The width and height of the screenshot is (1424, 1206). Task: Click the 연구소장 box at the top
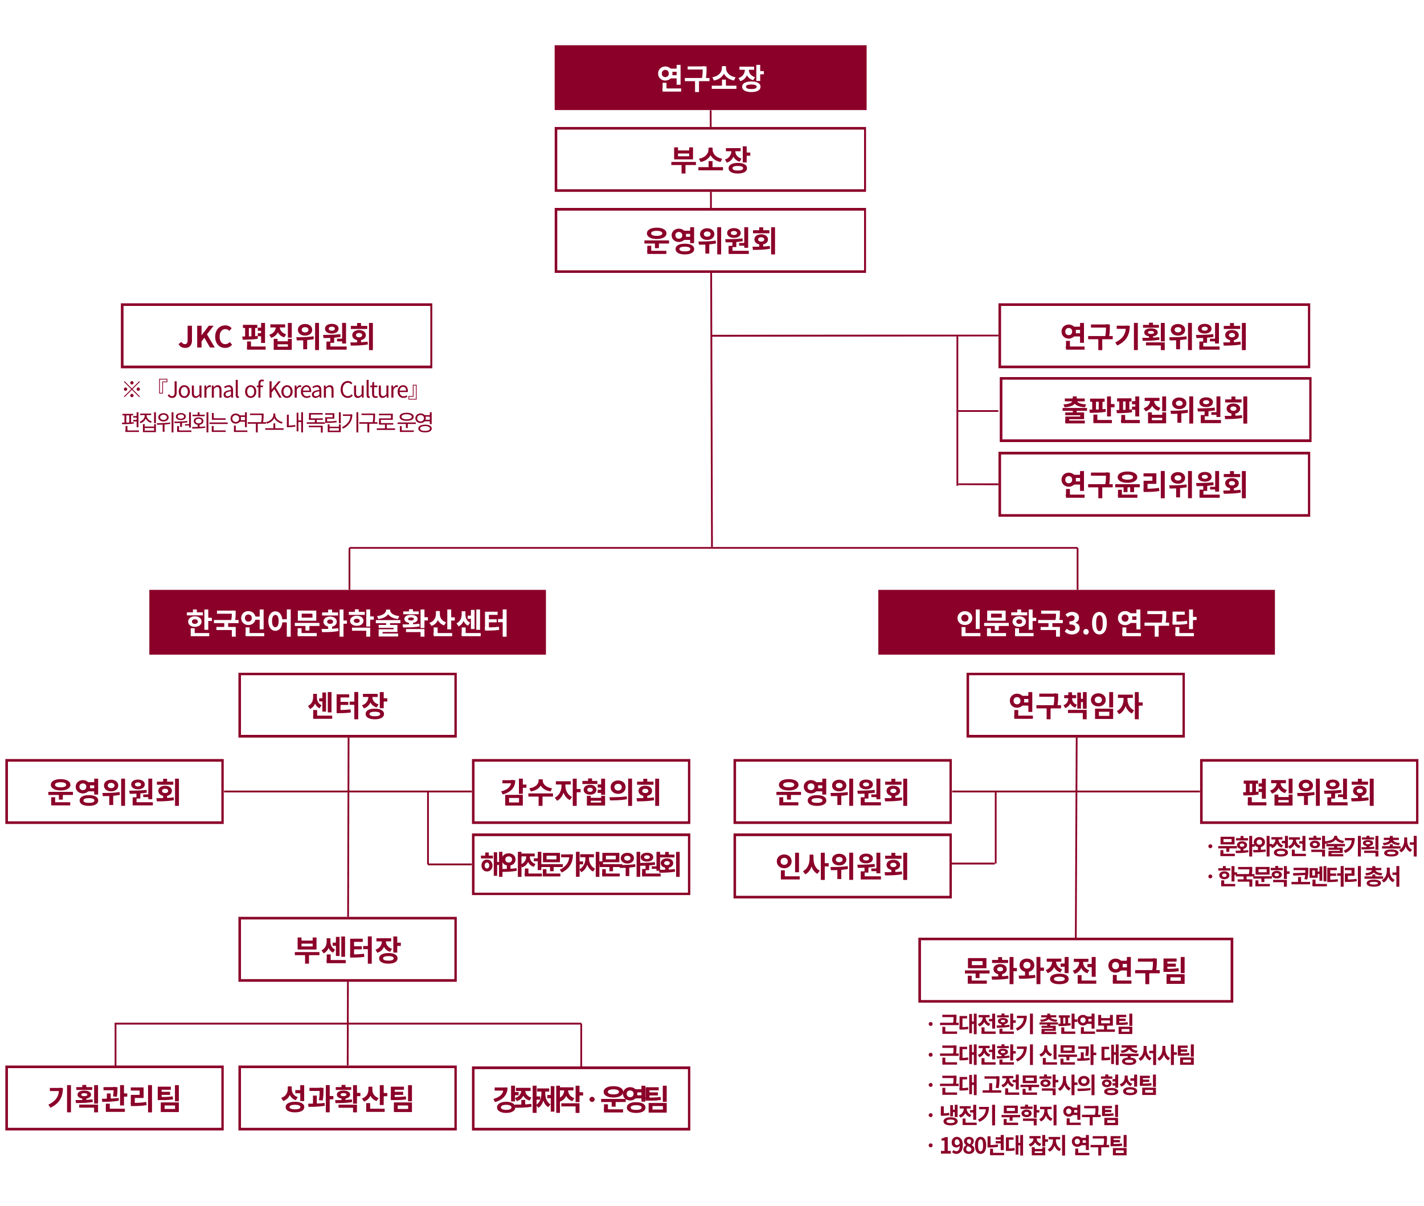pyautogui.click(x=710, y=77)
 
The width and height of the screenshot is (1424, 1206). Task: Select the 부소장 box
pyautogui.click(x=710, y=160)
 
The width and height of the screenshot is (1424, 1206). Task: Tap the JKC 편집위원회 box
pyautogui.click(x=276, y=336)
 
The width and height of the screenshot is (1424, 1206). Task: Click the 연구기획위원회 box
pyautogui.click(x=1153, y=336)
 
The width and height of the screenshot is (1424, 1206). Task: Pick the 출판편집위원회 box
pyautogui.click(x=1155, y=410)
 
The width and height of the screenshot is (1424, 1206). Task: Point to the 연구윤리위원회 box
pyautogui.click(x=1153, y=484)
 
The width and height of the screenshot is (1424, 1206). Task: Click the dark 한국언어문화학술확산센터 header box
pyautogui.click(x=347, y=622)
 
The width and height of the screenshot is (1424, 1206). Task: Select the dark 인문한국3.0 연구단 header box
pyautogui.click(x=1076, y=622)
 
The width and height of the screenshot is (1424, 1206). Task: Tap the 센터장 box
pyautogui.click(x=347, y=705)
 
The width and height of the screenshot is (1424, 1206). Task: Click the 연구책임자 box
pyautogui.click(x=1075, y=705)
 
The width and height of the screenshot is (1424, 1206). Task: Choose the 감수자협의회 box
pyautogui.click(x=580, y=791)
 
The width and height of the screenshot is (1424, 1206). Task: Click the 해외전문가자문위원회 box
pyautogui.click(x=580, y=864)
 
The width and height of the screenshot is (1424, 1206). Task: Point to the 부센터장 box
pyautogui.click(x=347, y=949)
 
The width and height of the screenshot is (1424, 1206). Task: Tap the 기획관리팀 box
pyautogui.click(x=114, y=1098)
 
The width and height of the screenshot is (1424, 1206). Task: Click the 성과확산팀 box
pyautogui.click(x=347, y=1098)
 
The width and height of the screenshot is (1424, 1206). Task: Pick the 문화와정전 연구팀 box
pyautogui.click(x=1075, y=970)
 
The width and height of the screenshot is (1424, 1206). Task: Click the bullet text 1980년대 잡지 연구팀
pyautogui.click(x=1032, y=1145)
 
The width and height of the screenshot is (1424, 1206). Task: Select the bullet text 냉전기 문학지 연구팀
pyautogui.click(x=1028, y=1115)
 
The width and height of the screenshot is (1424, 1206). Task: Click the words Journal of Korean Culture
pyautogui.click(x=287, y=390)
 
